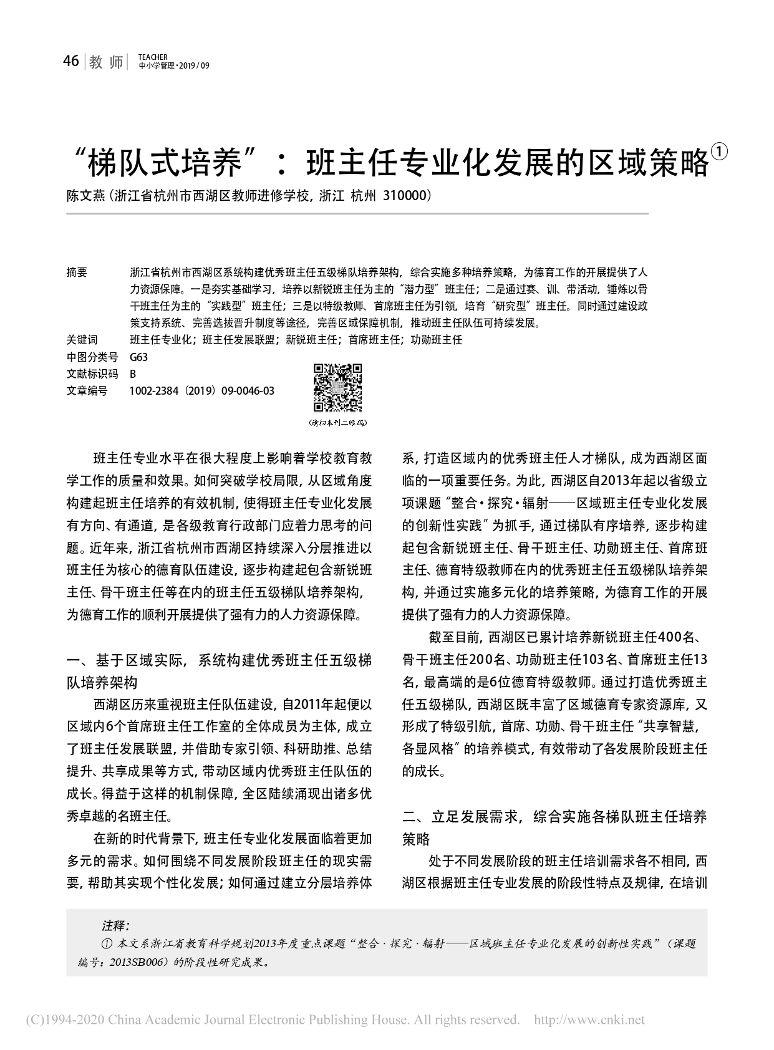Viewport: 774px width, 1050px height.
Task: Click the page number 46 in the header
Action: pyautogui.click(x=71, y=61)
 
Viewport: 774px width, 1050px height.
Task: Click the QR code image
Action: pyautogui.click(x=337, y=388)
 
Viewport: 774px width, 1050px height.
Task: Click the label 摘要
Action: pyautogui.click(x=77, y=272)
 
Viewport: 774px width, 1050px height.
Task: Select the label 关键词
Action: pyautogui.click(x=82, y=340)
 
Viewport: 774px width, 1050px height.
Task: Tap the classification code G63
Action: pyautogui.click(x=138, y=357)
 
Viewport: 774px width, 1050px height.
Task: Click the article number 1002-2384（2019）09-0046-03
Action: pyautogui.click(x=201, y=391)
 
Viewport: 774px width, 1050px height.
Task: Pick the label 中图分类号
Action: pyautogui.click(x=92, y=357)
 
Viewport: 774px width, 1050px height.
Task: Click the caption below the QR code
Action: pyautogui.click(x=337, y=423)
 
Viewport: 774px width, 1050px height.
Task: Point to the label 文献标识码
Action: pyautogui.click(x=92, y=374)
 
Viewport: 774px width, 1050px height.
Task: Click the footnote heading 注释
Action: pyautogui.click(x=115, y=925)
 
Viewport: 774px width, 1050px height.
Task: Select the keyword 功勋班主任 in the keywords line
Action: pyautogui.click(x=437, y=340)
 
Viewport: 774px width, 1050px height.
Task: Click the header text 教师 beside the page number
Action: pyautogui.click(x=107, y=62)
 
